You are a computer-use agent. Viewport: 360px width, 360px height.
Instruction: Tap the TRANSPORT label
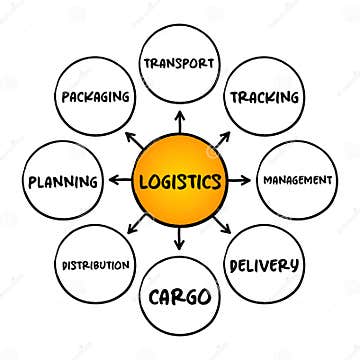click(x=180, y=62)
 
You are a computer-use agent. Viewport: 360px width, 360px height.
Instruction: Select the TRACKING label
click(x=265, y=97)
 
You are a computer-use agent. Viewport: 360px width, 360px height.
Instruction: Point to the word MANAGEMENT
click(x=296, y=180)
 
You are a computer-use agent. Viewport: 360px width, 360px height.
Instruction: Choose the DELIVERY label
click(x=264, y=265)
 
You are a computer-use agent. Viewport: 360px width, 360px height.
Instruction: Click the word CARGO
click(x=180, y=297)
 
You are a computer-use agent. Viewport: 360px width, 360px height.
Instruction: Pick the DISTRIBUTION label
click(x=96, y=265)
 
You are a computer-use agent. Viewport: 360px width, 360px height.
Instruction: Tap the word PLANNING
click(x=64, y=182)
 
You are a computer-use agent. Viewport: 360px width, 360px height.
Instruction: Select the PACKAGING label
click(x=97, y=98)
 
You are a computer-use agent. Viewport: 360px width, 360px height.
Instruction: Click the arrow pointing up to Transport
click(x=180, y=121)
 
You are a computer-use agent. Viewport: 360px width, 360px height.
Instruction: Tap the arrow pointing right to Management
click(x=241, y=180)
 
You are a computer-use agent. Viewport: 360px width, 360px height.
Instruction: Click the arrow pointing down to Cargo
click(x=180, y=241)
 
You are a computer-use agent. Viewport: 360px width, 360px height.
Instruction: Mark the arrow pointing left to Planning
click(x=119, y=180)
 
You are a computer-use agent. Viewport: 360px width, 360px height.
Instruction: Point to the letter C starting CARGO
click(x=155, y=297)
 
